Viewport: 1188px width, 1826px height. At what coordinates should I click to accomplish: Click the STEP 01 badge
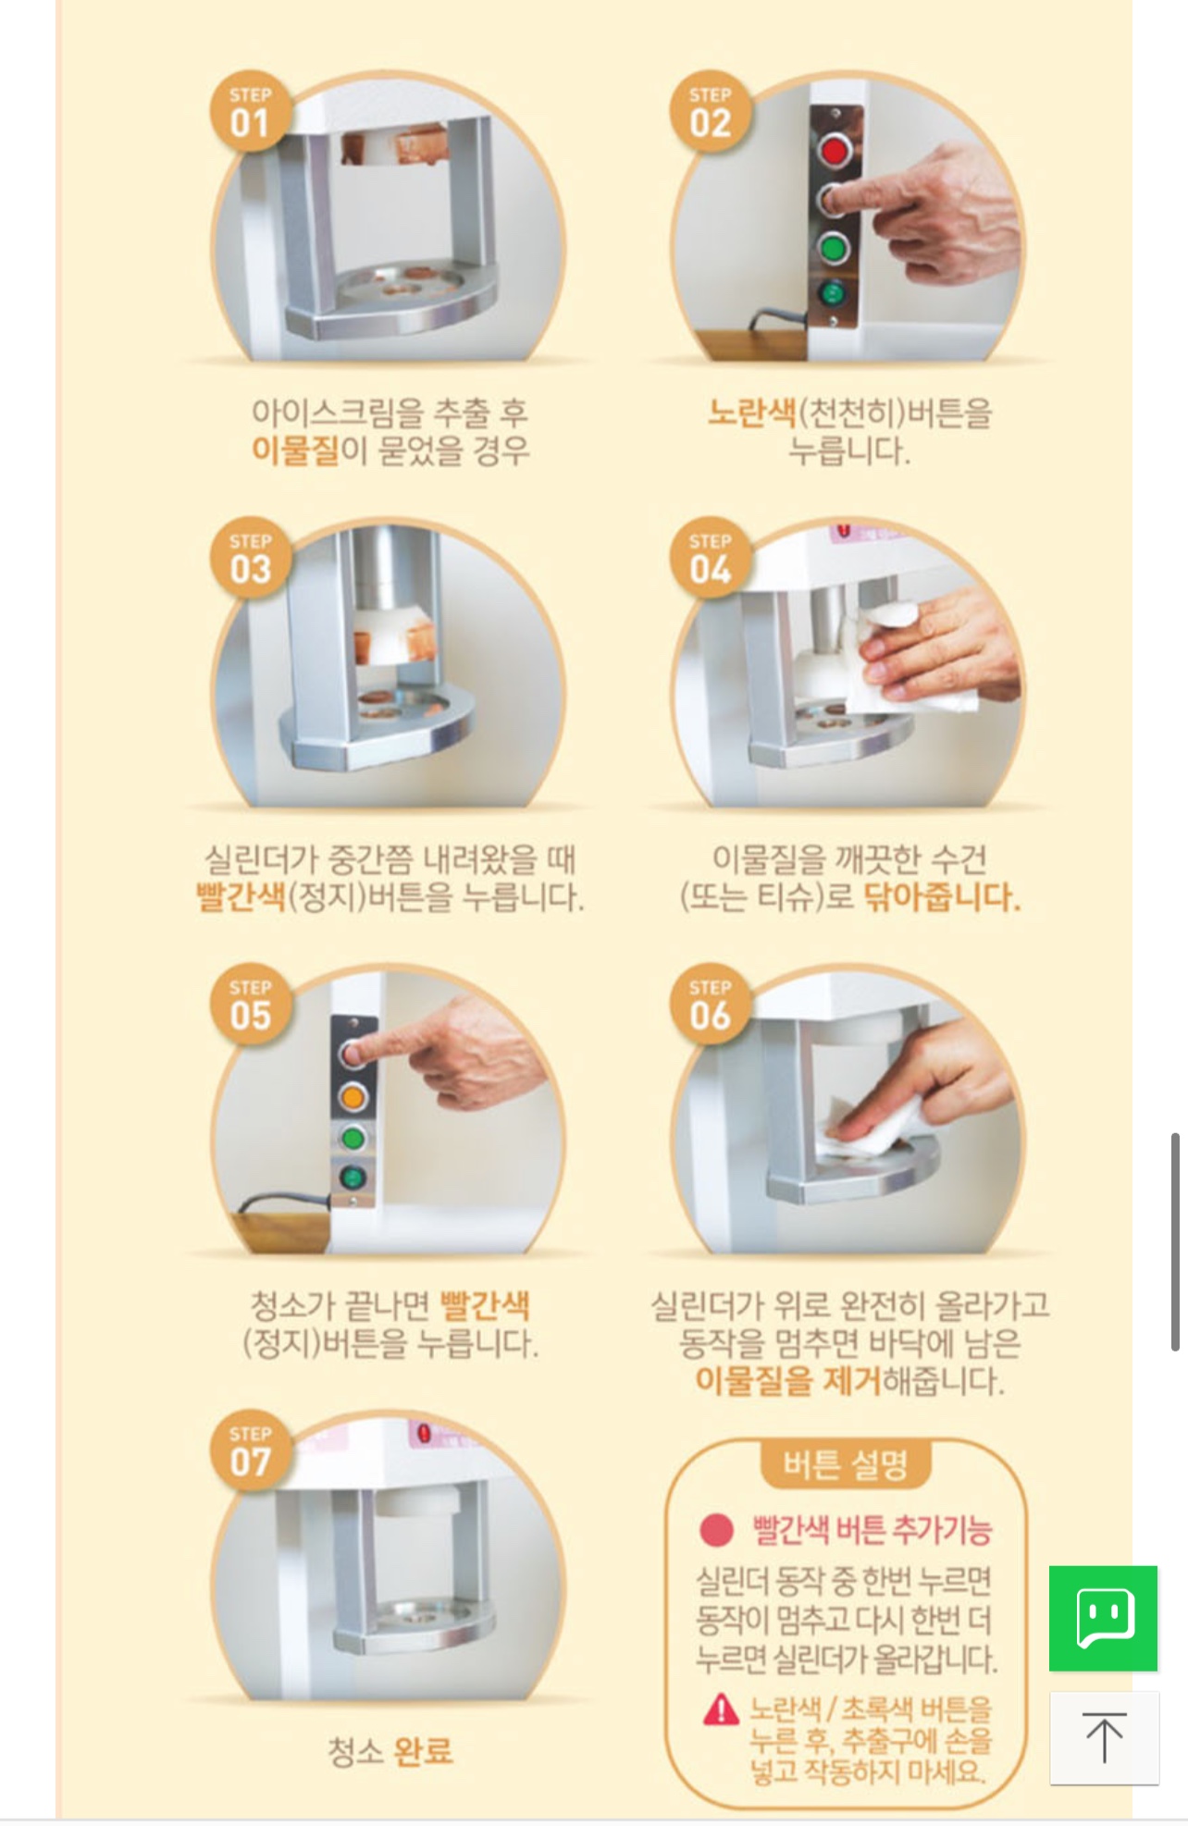pos(249,113)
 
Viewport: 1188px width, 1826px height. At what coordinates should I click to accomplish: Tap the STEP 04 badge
pos(710,559)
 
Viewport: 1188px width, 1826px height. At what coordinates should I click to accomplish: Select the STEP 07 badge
pos(249,1451)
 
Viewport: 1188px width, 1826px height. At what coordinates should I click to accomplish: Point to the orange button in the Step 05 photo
pos(353,1097)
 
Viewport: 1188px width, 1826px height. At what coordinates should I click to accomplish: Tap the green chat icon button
pos(1103,1618)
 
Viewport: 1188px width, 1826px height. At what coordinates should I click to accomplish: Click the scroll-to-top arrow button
pos(1104,1738)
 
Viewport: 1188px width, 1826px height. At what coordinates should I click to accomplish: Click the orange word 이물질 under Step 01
pos(295,450)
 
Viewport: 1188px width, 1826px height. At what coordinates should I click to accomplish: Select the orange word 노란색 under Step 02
pos(751,412)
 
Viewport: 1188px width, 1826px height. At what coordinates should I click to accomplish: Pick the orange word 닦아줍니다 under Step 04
pos(941,897)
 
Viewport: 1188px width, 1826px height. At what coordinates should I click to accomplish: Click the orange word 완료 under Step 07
pos(423,1751)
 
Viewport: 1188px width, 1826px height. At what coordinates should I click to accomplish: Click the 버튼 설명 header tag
pos(845,1464)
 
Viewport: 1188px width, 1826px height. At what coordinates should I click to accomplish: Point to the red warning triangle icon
pos(721,1709)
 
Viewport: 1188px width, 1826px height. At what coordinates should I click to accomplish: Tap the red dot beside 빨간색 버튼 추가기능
pos(716,1530)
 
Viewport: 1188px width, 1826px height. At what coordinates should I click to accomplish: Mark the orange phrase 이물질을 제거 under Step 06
pos(787,1382)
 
